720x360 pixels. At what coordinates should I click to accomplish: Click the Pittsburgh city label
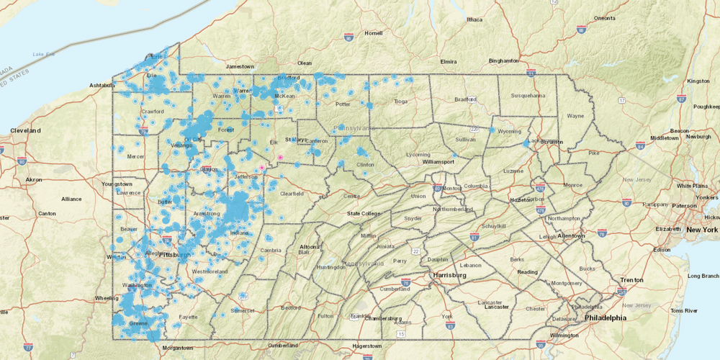click(x=176, y=255)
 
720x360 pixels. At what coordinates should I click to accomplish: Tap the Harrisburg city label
click(x=451, y=275)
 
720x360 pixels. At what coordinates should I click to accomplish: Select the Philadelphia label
click(x=605, y=317)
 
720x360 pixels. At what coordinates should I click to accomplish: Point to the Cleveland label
click(x=26, y=130)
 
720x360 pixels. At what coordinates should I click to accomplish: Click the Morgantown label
click(x=178, y=347)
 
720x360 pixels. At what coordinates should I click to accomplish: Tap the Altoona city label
click(x=310, y=246)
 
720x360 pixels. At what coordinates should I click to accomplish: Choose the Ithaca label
click(x=473, y=19)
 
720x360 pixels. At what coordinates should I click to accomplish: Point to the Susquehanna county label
click(x=529, y=94)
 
